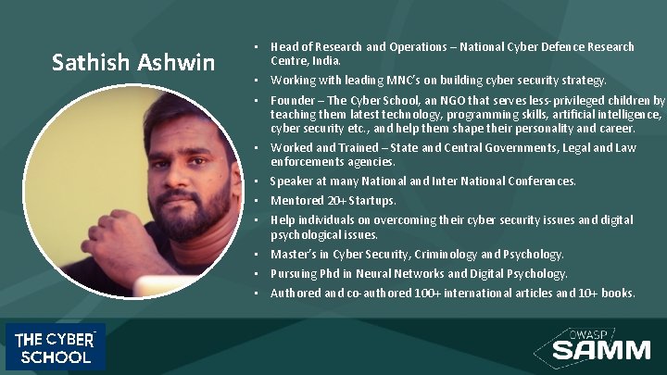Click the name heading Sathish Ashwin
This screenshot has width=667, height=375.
pos(133,63)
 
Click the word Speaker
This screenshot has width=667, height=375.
pos(292,181)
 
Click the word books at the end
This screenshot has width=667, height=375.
pos(617,294)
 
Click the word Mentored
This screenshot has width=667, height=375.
pos(296,200)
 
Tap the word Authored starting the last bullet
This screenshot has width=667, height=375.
pos(296,294)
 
